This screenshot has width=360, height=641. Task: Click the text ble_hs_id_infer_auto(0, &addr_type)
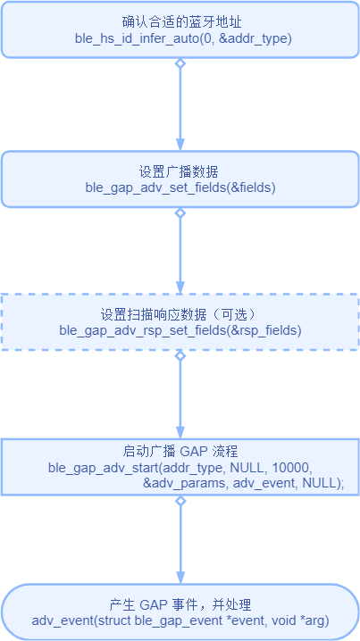pos(180,39)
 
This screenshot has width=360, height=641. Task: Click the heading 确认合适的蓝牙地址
pos(180,22)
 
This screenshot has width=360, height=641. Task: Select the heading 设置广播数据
pos(180,172)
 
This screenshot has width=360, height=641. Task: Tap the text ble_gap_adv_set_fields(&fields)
pos(180,189)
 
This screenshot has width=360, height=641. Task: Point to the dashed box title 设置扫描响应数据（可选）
pos(180,315)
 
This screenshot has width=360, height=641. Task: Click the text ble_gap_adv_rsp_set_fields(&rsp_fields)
pos(180,330)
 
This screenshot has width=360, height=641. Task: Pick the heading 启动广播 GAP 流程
pos(180,452)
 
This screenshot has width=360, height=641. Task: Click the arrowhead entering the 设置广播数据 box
pos(180,146)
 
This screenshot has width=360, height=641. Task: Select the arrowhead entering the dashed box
pos(180,288)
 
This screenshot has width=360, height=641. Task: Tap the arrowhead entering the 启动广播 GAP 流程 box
pos(180,432)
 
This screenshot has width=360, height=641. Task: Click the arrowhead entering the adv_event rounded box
pos(180,578)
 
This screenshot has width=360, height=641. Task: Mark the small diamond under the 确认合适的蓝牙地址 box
pos(180,63)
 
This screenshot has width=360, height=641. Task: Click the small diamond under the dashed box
pos(180,355)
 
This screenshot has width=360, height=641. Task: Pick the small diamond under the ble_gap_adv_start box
pos(180,501)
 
